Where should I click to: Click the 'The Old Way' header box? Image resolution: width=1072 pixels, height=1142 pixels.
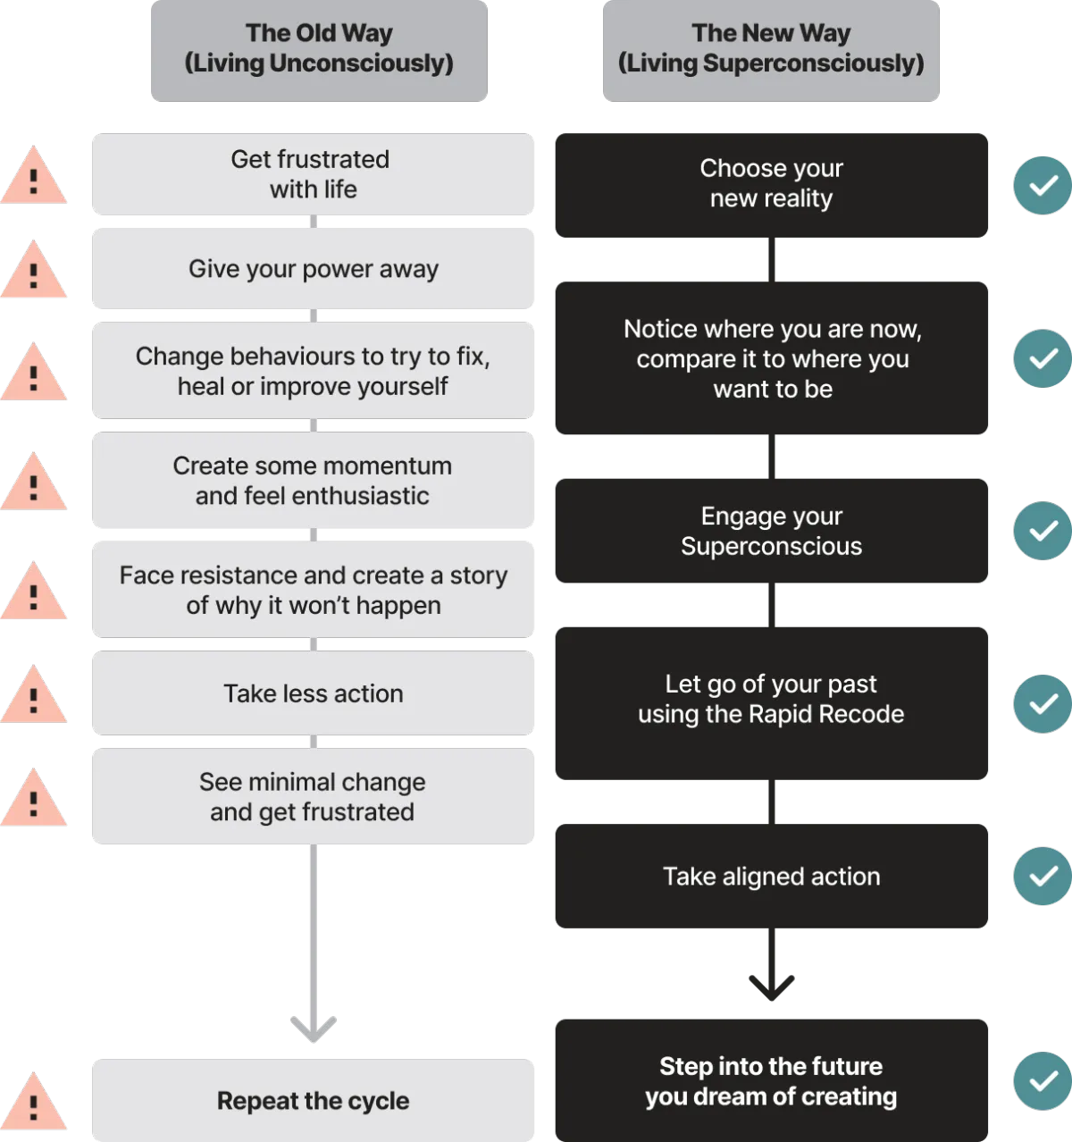(319, 51)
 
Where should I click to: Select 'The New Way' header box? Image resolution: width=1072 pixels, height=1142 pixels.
(771, 51)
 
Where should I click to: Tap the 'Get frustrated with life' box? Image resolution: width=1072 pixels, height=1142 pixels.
(313, 174)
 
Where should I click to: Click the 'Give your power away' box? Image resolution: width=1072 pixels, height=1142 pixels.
(313, 269)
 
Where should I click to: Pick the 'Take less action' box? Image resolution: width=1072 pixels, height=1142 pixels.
(313, 693)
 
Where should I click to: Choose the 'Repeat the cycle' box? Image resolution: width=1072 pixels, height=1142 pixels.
(313, 1100)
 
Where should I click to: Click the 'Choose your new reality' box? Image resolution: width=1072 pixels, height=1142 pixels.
(771, 185)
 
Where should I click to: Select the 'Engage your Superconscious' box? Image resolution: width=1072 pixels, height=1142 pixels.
(771, 531)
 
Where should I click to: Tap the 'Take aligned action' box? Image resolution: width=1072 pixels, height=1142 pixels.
(771, 876)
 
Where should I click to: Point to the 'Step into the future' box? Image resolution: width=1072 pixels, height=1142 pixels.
(771, 1080)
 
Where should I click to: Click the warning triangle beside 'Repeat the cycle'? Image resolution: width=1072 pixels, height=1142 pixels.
(33, 1101)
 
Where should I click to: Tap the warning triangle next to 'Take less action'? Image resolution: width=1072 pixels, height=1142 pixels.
(33, 694)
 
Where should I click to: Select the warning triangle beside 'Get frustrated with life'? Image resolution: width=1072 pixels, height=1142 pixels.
(33, 175)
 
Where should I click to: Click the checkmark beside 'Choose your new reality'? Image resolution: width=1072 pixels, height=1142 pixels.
(1043, 185)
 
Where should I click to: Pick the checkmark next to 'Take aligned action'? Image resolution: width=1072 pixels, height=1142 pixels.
(1043, 876)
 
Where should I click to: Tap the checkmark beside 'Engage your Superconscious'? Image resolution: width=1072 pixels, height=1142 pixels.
(1043, 531)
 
